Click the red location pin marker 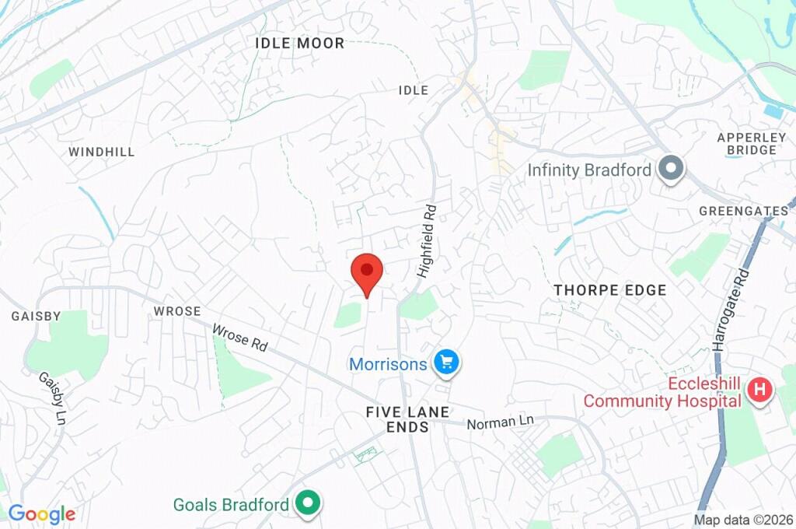(367, 272)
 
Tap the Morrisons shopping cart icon (446, 362)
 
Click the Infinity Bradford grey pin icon (670, 168)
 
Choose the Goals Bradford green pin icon (309, 504)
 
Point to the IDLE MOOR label (299, 44)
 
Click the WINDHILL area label (101, 152)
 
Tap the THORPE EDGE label (610, 290)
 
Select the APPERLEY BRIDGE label (747, 143)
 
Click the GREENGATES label (744, 211)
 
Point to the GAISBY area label (36, 316)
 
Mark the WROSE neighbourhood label (177, 311)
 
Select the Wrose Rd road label (239, 338)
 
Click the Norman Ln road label (501, 422)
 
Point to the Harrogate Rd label (731, 310)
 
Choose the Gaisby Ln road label (52, 398)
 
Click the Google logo (41, 513)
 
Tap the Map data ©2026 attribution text (743, 520)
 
